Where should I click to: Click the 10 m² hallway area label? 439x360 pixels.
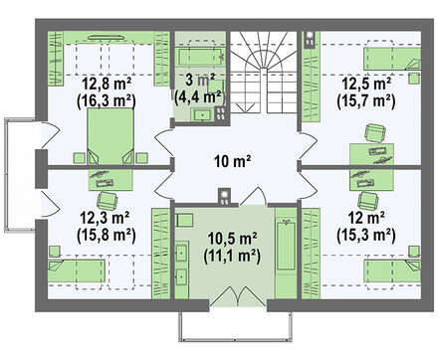(x=232, y=162)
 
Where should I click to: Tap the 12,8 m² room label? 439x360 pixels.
(x=107, y=84)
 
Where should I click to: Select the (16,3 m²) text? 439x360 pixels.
(x=107, y=100)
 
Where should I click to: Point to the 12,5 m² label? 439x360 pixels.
(x=366, y=84)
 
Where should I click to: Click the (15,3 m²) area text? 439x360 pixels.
(x=366, y=235)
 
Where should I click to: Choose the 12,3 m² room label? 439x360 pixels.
(x=105, y=218)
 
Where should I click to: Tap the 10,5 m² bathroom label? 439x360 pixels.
(x=232, y=238)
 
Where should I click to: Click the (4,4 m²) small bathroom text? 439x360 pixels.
(x=200, y=97)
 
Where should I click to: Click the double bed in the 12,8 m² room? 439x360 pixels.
(x=110, y=136)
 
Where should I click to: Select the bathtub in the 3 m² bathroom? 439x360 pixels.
(x=202, y=58)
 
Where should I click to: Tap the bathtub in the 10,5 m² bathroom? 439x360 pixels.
(x=286, y=246)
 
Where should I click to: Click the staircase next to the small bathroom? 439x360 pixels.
(x=264, y=72)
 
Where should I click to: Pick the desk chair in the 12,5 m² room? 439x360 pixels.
(x=375, y=132)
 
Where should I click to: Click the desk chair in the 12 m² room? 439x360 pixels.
(x=368, y=201)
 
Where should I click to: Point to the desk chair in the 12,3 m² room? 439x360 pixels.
(x=107, y=201)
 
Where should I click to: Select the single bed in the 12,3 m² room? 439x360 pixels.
(x=77, y=270)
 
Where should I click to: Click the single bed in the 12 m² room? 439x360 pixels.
(x=392, y=270)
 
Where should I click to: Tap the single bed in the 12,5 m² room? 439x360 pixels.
(x=392, y=59)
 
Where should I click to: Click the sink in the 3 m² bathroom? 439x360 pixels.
(x=202, y=114)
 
